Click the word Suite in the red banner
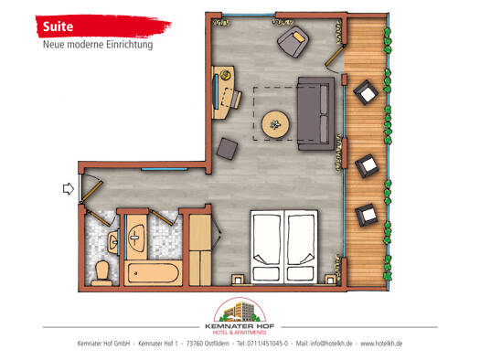(58, 26)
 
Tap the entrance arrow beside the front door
(69, 189)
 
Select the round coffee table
(275, 124)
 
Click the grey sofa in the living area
(316, 113)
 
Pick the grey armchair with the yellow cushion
(293, 41)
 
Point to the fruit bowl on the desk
(226, 75)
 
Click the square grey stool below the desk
(227, 149)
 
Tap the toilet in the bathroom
(101, 273)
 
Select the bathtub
(154, 273)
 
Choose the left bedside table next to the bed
(238, 280)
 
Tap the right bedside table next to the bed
(330, 280)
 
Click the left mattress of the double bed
(267, 247)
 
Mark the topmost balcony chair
(366, 92)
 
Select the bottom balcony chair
(367, 215)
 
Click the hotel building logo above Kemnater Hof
(240, 311)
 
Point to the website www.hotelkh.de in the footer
(381, 344)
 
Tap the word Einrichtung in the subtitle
(130, 45)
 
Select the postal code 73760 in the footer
(195, 344)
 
